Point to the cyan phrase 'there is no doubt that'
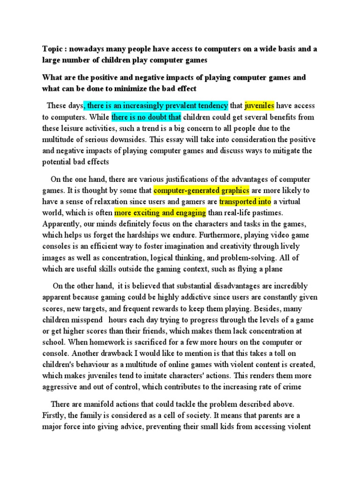[x=146, y=117]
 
